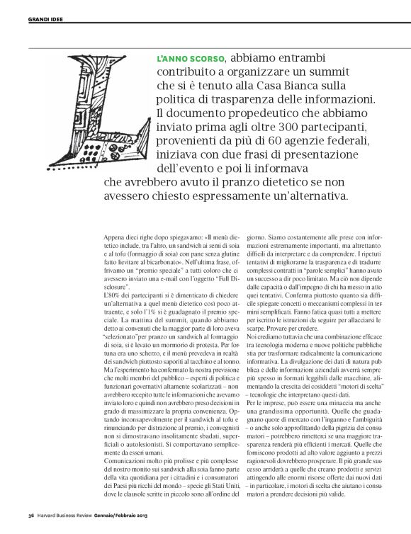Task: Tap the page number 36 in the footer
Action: coord(31,514)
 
